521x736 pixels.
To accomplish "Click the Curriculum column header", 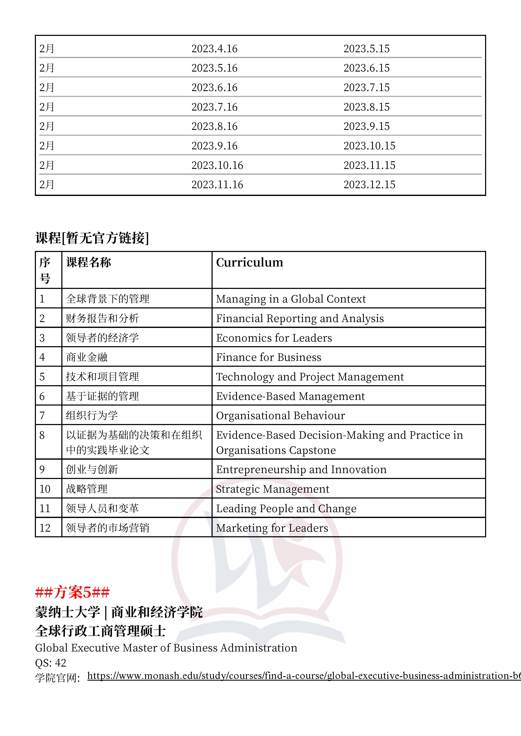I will click(x=249, y=262).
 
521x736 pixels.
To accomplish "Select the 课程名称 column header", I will click(x=89, y=262).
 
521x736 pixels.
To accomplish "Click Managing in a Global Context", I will click(x=291, y=299).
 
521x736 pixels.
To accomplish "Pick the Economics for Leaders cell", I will click(x=274, y=338).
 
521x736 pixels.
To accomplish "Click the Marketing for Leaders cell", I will click(x=272, y=528).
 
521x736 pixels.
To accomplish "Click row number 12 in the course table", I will click(x=45, y=528).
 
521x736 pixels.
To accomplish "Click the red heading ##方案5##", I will click(x=72, y=592).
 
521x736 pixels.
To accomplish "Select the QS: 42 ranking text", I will click(x=50, y=663).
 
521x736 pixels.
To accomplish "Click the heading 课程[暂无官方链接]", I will click(x=92, y=238).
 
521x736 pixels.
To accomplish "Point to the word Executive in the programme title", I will click(x=95, y=648).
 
